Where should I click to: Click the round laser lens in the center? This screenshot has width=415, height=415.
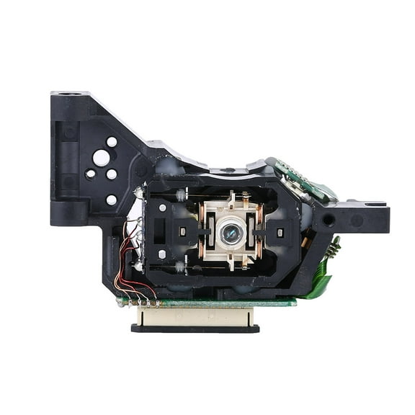(x=231, y=232)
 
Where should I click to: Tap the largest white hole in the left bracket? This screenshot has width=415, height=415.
(x=102, y=157)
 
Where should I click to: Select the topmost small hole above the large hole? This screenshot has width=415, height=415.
(x=112, y=142)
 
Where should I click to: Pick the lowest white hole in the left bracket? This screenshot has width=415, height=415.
(x=112, y=200)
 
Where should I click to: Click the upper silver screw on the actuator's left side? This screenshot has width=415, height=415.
(x=162, y=207)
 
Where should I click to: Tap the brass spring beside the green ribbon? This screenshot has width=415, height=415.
(x=334, y=247)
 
